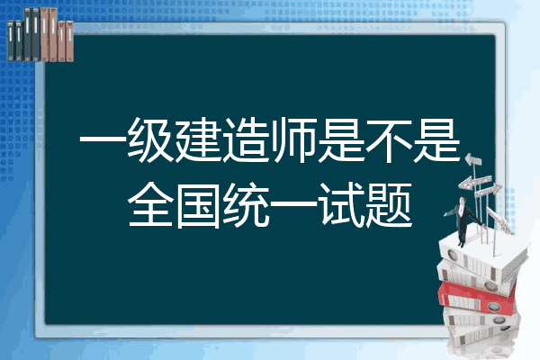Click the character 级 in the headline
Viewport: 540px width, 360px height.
[x=150, y=140]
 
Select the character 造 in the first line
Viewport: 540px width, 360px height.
[x=245, y=140]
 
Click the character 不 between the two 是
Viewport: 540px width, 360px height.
[x=389, y=140]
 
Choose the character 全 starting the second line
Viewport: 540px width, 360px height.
[x=150, y=204]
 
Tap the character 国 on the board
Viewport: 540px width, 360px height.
[x=198, y=205]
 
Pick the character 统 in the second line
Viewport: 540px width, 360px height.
[x=245, y=204]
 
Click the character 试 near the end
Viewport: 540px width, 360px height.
[x=341, y=204]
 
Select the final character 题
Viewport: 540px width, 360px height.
[x=389, y=204]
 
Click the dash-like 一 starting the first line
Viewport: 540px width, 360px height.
[x=103, y=140]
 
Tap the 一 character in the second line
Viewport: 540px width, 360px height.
[x=293, y=204]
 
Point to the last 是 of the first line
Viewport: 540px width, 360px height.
[x=436, y=140]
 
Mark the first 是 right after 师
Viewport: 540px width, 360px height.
[x=341, y=140]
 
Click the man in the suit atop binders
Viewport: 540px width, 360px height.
[x=463, y=220]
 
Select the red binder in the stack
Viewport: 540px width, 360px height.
[x=477, y=297]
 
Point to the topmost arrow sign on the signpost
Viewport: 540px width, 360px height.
[x=473, y=159]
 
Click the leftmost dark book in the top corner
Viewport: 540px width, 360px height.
[x=11, y=41]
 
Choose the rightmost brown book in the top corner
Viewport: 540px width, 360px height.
[x=69, y=41]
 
